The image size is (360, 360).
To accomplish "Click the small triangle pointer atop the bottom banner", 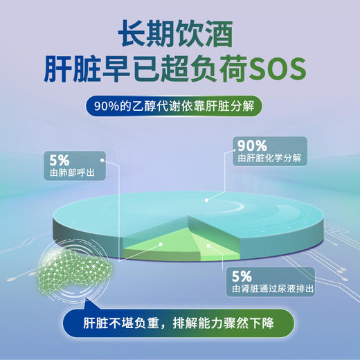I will (x=87, y=303).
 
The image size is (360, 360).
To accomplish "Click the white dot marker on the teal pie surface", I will (x=206, y=199).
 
